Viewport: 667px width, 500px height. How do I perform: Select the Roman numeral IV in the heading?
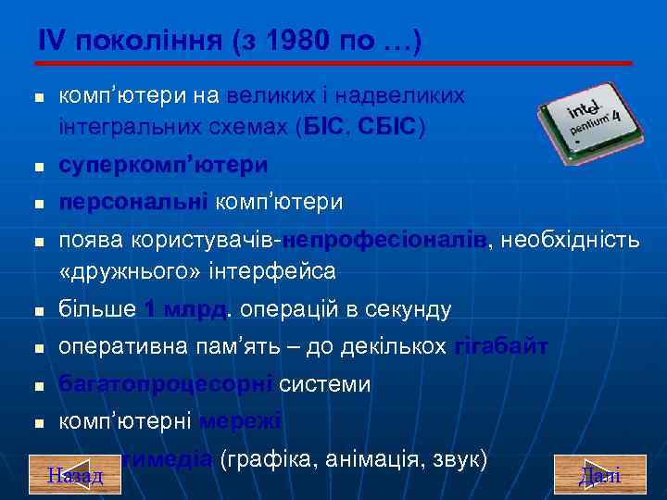tap(53, 41)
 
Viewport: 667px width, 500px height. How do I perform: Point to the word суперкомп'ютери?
tap(163, 166)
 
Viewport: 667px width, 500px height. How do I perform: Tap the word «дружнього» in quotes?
tap(127, 271)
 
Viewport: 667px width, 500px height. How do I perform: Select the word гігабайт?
tap(500, 347)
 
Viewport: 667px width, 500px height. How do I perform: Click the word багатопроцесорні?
tap(165, 384)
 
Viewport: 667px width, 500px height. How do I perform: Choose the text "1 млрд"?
tap(184, 309)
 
